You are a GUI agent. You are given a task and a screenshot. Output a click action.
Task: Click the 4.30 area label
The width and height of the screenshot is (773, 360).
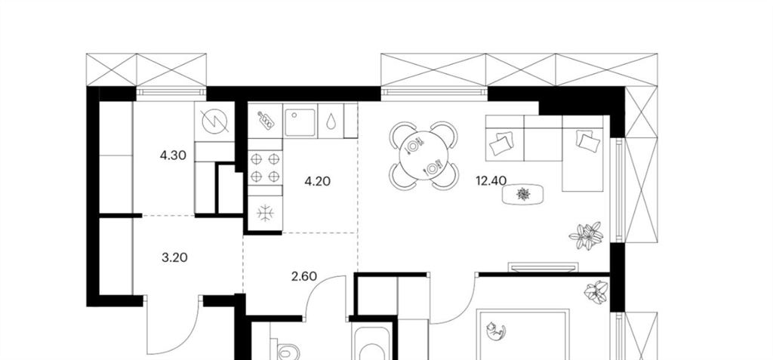(x=173, y=155)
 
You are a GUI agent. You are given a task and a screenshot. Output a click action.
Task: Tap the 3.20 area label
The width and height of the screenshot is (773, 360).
(x=174, y=257)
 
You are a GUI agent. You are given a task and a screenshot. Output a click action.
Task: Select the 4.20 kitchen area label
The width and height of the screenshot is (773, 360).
(x=318, y=181)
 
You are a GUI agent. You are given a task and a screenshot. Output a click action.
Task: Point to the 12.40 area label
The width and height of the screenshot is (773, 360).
(x=491, y=181)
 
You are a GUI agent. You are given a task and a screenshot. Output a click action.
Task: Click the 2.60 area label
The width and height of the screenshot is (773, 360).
(x=304, y=276)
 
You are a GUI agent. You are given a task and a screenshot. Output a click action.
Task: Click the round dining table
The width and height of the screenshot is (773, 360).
(x=423, y=155)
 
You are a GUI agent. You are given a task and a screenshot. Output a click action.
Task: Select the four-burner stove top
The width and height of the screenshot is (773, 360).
(x=265, y=168)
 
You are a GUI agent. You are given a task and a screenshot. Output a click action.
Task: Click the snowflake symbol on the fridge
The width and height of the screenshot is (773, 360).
(x=265, y=213)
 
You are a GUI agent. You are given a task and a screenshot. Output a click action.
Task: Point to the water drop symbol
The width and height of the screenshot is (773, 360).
(x=331, y=121)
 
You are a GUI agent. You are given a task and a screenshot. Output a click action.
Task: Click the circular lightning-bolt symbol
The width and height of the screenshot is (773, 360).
(x=215, y=122)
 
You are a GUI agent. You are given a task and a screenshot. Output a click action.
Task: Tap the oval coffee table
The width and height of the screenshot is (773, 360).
(x=523, y=194)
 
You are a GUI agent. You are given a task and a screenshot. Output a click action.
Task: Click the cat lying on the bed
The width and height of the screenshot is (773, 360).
(x=495, y=331)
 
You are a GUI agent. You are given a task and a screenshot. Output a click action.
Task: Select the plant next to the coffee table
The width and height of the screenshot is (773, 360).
(x=587, y=235)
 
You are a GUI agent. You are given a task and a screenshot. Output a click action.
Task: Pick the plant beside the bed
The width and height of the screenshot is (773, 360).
(x=596, y=292)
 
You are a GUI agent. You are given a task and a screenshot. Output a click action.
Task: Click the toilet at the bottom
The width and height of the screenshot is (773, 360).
(x=288, y=350)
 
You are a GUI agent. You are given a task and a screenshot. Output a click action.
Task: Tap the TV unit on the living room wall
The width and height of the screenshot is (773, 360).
(x=542, y=267)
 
